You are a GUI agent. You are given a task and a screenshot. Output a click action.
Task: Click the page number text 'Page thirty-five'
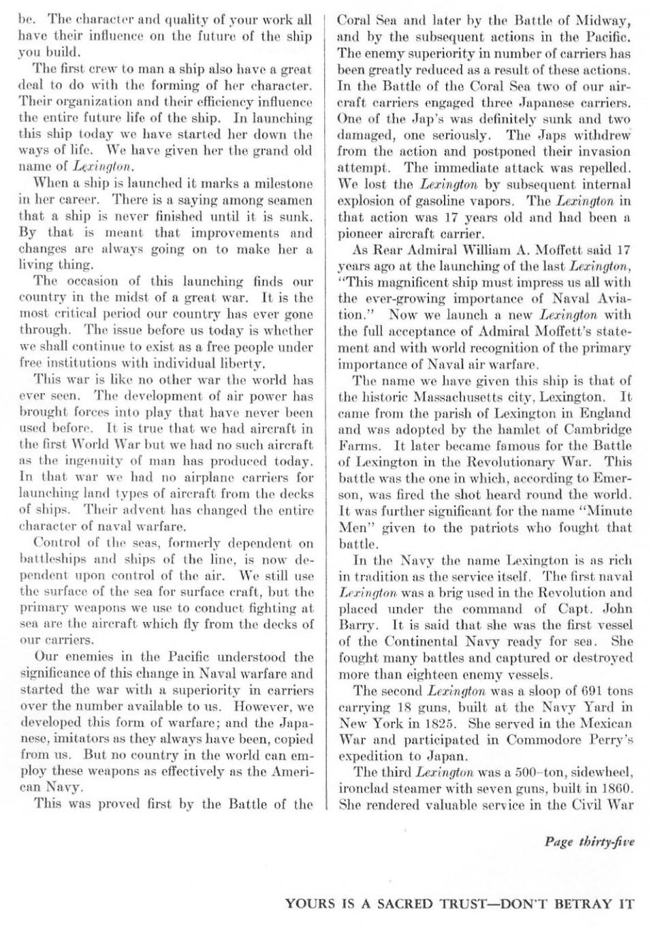pos(589,841)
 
